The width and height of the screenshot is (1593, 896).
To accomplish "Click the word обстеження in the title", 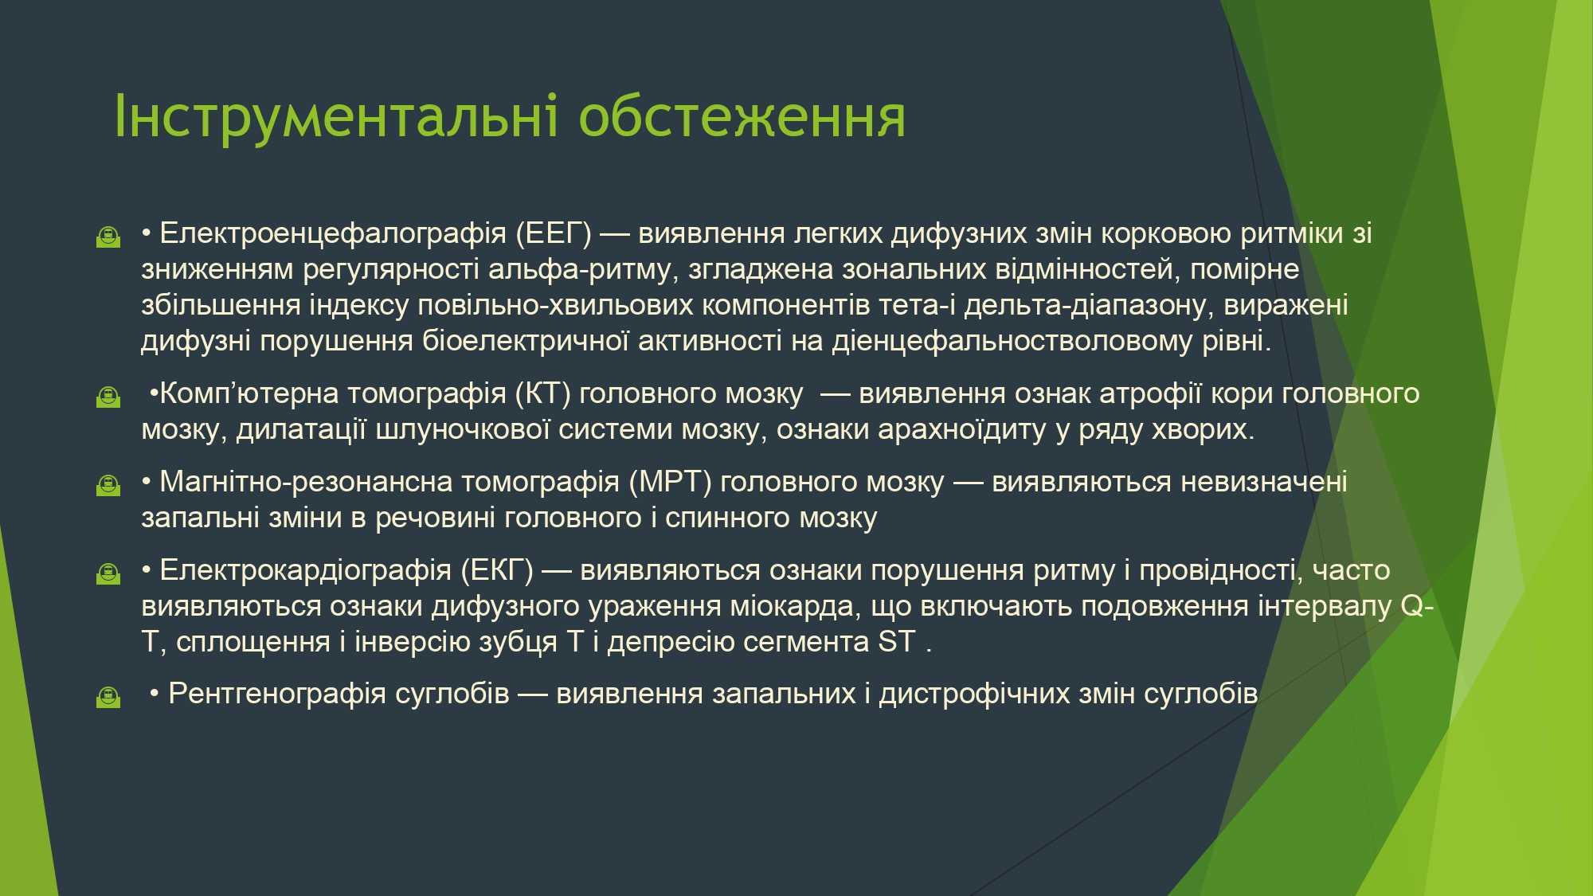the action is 742,117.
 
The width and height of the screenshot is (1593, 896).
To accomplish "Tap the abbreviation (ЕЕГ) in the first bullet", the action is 554,234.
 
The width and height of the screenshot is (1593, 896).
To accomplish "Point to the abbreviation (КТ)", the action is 543,394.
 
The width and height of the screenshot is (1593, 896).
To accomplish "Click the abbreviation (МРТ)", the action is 670,483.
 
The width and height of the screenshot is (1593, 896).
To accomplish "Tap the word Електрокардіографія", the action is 305,571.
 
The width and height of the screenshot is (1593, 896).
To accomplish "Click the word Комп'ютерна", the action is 249,394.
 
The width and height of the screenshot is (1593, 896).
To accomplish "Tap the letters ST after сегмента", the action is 897,642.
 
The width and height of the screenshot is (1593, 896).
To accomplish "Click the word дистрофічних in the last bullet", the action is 974,694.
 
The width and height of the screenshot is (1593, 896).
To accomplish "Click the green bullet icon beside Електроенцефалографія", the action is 108,237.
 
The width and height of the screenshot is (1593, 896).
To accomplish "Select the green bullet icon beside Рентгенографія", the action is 108,697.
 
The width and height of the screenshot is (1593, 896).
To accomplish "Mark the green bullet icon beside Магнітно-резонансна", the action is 108,484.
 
